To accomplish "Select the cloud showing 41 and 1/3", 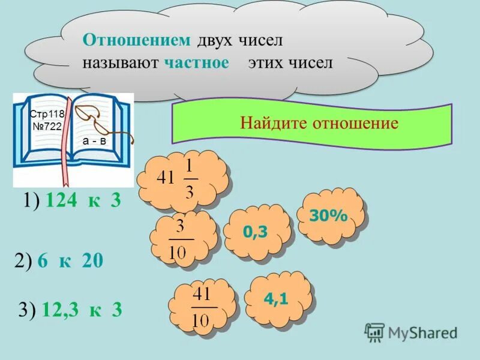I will tap(183, 178).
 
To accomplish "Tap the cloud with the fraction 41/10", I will tap(202, 307).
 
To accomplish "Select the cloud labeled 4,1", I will tap(278, 298).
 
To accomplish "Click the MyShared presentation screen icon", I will tap(374, 332).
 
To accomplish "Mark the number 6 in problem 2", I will tap(42, 260).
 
